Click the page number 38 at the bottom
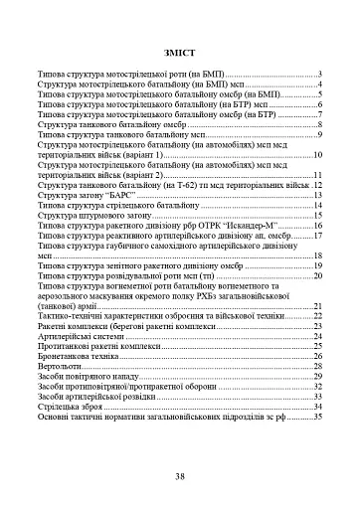[x=180, y=477]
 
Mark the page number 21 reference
[x=318, y=305]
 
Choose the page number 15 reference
[x=318, y=216]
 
